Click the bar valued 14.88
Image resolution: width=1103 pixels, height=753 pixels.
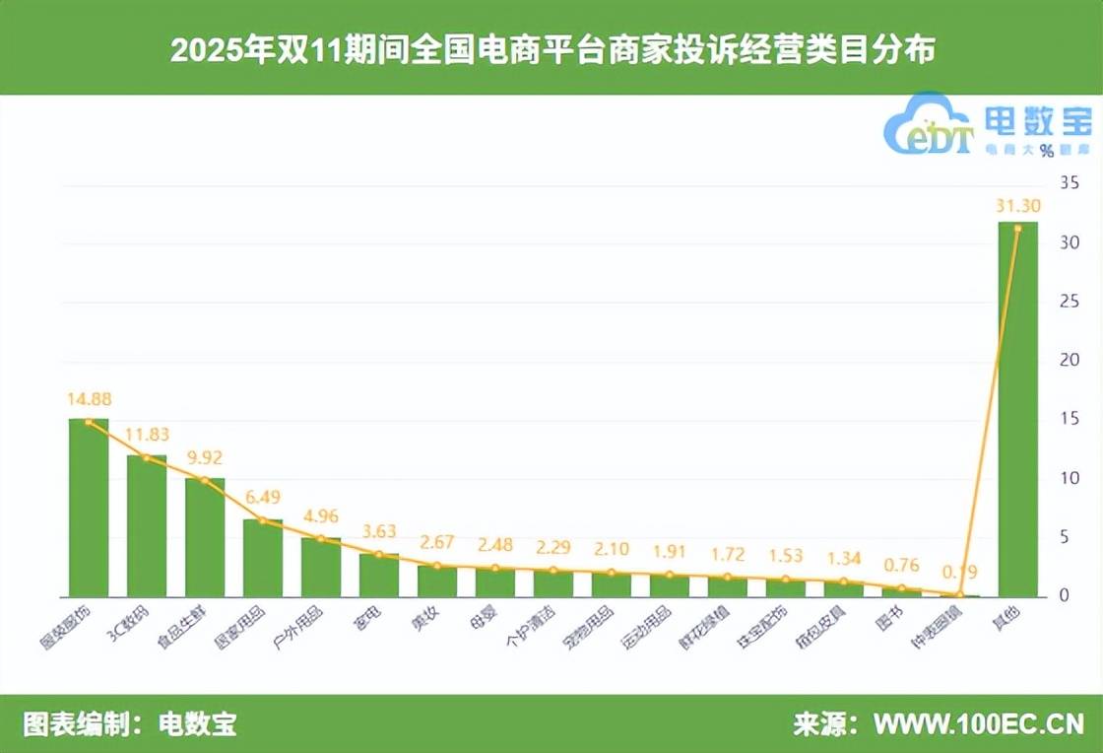[x=88, y=509]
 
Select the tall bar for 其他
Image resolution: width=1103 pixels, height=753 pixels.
[x=1018, y=410]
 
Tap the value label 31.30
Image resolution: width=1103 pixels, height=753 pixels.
[x=1017, y=206]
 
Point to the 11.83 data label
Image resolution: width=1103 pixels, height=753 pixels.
[x=146, y=435]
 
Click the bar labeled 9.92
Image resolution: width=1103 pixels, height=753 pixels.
[x=205, y=537]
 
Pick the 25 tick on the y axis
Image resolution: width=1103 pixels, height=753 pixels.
[x=1069, y=302]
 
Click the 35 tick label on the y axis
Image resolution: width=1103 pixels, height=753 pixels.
[x=1069, y=183]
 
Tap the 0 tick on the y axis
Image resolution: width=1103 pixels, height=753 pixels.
[x=1064, y=595]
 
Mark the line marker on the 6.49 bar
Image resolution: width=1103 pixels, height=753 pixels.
[x=263, y=520]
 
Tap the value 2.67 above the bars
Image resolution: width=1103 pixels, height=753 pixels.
[x=436, y=543]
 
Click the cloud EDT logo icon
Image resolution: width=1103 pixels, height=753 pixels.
[x=926, y=126]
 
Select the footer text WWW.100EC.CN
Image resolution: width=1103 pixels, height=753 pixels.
[x=979, y=725]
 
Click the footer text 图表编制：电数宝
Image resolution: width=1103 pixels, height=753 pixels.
[x=129, y=725]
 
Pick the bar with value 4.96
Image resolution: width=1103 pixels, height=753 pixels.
[x=321, y=568]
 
